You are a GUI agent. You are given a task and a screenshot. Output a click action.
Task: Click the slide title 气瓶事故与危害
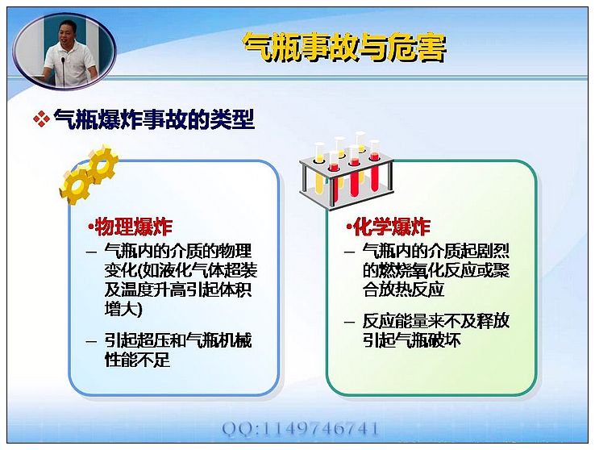[344, 48]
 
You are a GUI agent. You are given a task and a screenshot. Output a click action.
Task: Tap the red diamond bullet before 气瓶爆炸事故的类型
[41, 119]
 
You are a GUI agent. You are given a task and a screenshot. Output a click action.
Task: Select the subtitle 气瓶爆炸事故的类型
[154, 119]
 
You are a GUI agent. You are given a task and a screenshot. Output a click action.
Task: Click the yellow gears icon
[89, 174]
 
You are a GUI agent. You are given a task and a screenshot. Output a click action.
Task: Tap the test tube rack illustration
[346, 171]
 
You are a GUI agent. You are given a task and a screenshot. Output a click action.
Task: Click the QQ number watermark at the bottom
[300, 429]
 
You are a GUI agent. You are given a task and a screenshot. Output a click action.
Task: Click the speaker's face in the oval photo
[66, 33]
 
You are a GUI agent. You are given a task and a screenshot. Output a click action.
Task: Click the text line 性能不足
[137, 359]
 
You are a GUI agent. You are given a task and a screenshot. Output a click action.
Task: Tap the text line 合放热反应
[403, 290]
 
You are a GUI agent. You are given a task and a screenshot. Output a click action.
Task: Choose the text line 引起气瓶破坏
[412, 340]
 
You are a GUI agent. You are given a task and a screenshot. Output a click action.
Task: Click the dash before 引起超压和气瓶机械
[91, 341]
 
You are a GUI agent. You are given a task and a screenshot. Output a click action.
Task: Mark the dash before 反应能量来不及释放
[349, 323]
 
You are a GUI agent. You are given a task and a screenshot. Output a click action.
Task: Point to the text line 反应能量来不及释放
[436, 322]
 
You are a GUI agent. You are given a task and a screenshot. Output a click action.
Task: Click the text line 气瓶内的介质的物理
[178, 251]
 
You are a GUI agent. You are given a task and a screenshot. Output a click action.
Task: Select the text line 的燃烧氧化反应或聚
[436, 270]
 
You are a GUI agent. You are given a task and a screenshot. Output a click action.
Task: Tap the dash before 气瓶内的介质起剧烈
[349, 252]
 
